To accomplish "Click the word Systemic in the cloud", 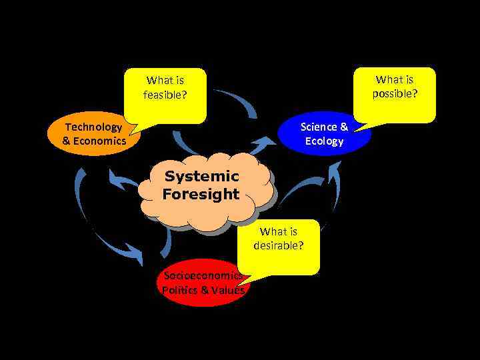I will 201,177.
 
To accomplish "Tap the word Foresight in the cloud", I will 201,194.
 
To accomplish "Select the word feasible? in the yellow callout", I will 165,95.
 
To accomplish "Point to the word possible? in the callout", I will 395,93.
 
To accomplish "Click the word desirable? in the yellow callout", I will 279,245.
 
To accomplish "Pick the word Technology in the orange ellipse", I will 93,127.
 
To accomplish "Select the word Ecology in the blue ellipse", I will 324,141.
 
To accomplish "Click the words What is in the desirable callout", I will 279,232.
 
